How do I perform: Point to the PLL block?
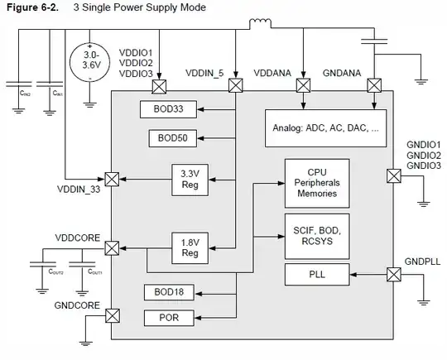pos(316,274)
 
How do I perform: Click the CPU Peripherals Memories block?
pos(316,182)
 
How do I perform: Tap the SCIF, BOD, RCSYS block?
pos(316,233)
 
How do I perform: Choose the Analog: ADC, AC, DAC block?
pos(324,128)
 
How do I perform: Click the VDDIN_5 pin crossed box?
pos(236,84)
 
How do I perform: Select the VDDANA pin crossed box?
pos(303,84)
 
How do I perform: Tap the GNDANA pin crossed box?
pos(372,84)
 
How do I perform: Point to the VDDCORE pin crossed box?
pos(112,246)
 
